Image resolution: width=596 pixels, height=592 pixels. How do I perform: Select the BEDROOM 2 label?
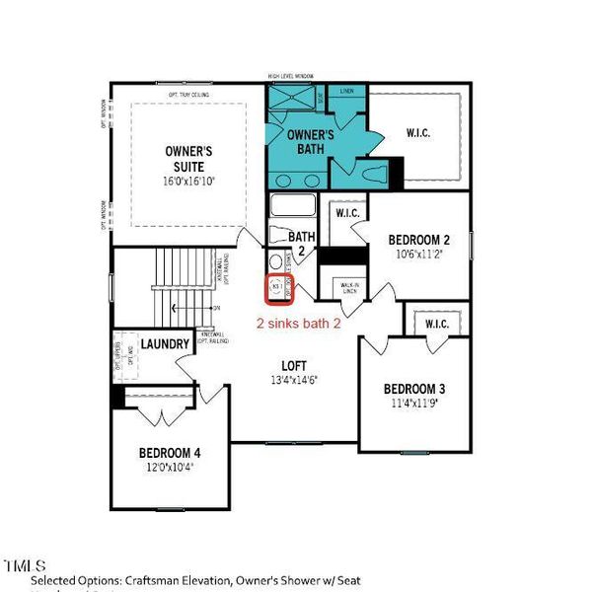(x=418, y=240)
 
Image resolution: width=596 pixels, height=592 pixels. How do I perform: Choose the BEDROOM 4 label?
(x=171, y=454)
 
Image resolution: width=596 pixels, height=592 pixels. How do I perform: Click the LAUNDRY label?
(x=165, y=344)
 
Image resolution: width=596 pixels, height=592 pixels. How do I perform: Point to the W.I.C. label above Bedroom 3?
(x=436, y=324)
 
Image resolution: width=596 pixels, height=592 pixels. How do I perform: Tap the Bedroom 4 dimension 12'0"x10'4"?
(x=171, y=468)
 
